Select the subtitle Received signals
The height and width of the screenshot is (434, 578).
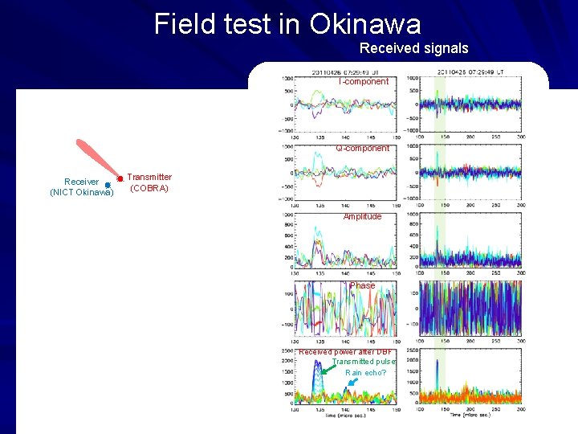pos(413,48)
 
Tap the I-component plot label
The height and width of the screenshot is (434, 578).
pos(363,81)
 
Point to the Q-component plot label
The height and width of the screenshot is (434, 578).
pos(362,148)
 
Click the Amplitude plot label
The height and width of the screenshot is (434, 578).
pos(362,216)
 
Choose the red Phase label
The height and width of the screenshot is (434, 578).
pos(363,285)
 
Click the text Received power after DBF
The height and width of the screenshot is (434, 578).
pos(346,351)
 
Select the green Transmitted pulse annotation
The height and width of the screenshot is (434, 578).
pos(364,362)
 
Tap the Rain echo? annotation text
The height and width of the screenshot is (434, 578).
pos(365,373)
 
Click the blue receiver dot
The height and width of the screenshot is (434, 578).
pos(107,185)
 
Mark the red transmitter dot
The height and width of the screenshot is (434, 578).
pos(119,178)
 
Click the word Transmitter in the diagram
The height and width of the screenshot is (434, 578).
pos(149,177)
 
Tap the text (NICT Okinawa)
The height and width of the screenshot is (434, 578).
pos(82,192)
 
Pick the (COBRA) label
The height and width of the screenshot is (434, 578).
pos(149,188)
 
